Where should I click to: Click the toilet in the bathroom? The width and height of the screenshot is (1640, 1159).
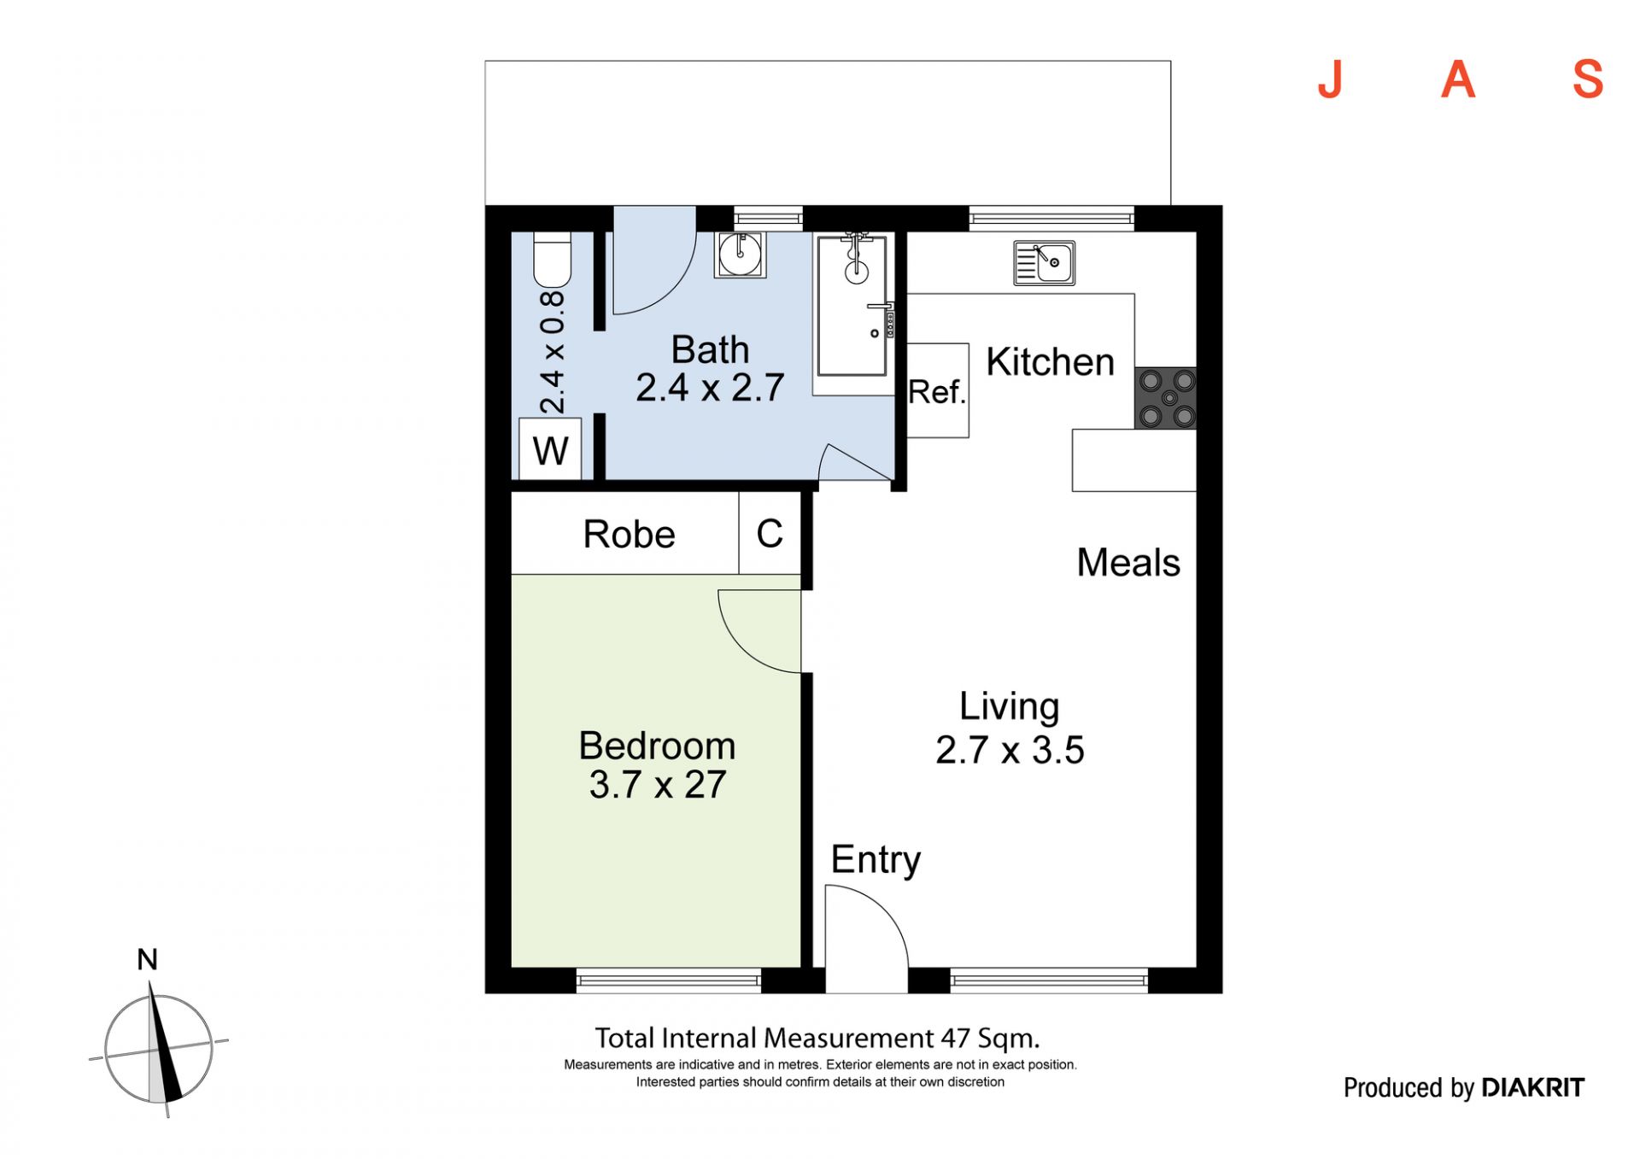tap(552, 260)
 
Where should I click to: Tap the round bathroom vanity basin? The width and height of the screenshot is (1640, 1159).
tap(740, 254)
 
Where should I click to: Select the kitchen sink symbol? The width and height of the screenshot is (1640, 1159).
tap(1044, 262)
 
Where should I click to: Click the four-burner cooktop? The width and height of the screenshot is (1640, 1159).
tap(1165, 398)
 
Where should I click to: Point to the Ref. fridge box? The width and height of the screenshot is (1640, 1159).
tap(938, 390)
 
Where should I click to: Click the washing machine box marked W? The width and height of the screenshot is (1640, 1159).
tap(550, 448)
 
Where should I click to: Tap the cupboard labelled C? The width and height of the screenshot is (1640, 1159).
tap(770, 533)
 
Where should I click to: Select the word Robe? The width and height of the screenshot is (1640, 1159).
tap(630, 535)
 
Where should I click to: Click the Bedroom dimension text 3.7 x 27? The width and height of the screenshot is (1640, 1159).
tap(658, 785)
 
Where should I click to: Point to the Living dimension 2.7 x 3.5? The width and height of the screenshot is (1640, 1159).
tap(1010, 750)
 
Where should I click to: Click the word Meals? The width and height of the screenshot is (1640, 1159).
tap(1128, 563)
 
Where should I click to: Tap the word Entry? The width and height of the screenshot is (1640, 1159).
tap(876, 861)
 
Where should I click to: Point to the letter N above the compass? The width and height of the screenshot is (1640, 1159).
tap(147, 960)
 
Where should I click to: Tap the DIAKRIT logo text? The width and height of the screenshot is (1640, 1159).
tap(1532, 1087)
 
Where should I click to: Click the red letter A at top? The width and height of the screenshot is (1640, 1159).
tap(1458, 79)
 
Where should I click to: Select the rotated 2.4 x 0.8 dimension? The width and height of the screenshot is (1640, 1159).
tap(553, 352)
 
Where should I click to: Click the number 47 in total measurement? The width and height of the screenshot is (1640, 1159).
tap(955, 1039)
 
